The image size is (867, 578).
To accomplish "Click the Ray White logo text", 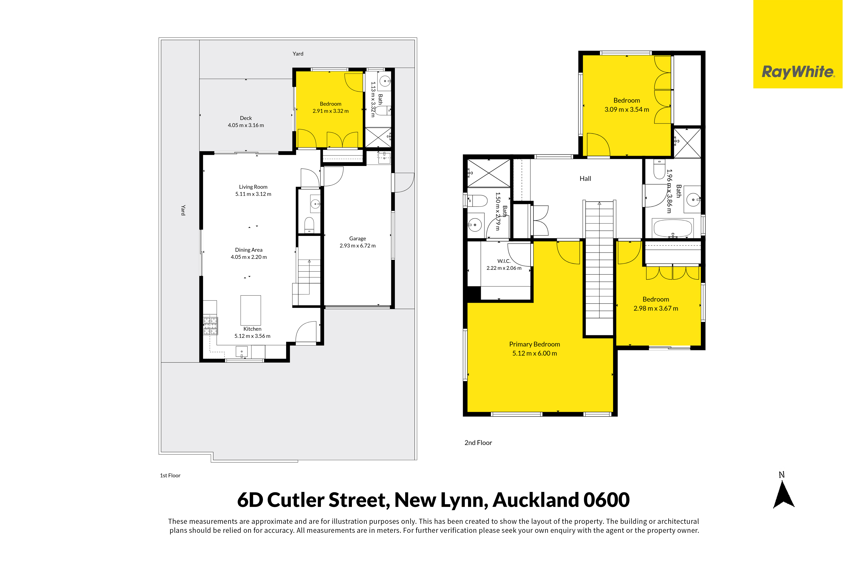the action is [798, 72].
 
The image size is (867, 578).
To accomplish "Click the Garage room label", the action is [357, 239].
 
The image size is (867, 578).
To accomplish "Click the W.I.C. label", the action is [504, 261].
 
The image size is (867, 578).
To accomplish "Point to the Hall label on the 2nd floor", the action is [585, 179].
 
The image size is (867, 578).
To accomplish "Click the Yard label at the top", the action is [298, 54].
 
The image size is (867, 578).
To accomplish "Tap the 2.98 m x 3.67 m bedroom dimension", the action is [656, 309].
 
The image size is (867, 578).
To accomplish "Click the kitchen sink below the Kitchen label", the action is [242, 352].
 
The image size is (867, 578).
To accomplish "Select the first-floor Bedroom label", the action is [330, 104].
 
